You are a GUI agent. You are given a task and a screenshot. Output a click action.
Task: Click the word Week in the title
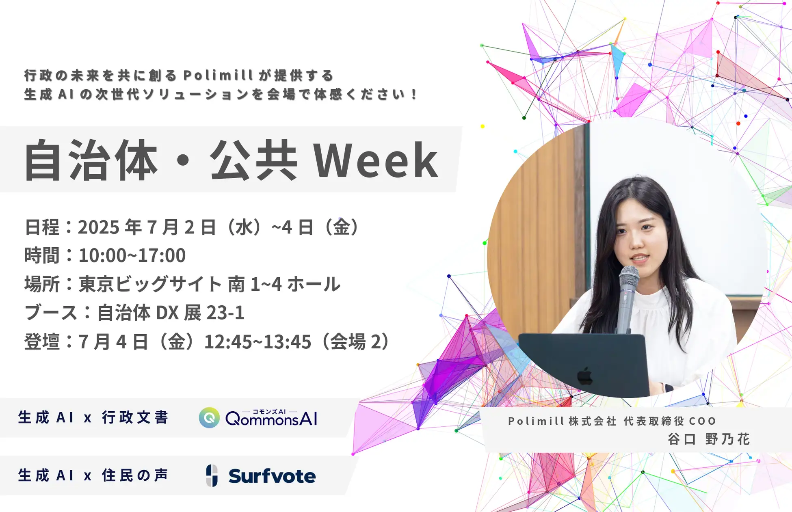[376, 160]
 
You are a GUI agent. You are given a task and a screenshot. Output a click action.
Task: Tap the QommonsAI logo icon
[209, 418]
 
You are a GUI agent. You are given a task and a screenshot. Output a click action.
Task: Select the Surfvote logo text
[272, 476]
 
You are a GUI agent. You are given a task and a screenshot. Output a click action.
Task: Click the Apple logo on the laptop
[585, 376]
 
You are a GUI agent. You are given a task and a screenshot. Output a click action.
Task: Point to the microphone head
[629, 279]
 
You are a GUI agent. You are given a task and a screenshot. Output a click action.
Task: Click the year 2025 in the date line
[99, 227]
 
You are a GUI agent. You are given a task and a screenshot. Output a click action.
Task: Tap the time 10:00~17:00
[132, 256]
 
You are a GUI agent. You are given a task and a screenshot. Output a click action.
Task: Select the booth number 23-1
[225, 313]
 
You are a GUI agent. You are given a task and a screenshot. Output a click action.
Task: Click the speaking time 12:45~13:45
[258, 342]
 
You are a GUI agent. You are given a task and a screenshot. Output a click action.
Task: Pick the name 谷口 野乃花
[709, 439]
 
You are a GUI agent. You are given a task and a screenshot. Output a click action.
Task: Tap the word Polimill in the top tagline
[218, 76]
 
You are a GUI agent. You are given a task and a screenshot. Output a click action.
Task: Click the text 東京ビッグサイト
[150, 284]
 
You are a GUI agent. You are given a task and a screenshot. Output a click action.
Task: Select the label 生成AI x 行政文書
[93, 418]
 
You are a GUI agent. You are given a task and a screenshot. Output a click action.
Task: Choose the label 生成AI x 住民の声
[93, 475]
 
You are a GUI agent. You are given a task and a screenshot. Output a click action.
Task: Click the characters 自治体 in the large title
[91, 160]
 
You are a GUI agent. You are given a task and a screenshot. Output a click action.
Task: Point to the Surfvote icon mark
[212, 475]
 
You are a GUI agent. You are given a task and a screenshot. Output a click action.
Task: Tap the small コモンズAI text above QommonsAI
[269, 411]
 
